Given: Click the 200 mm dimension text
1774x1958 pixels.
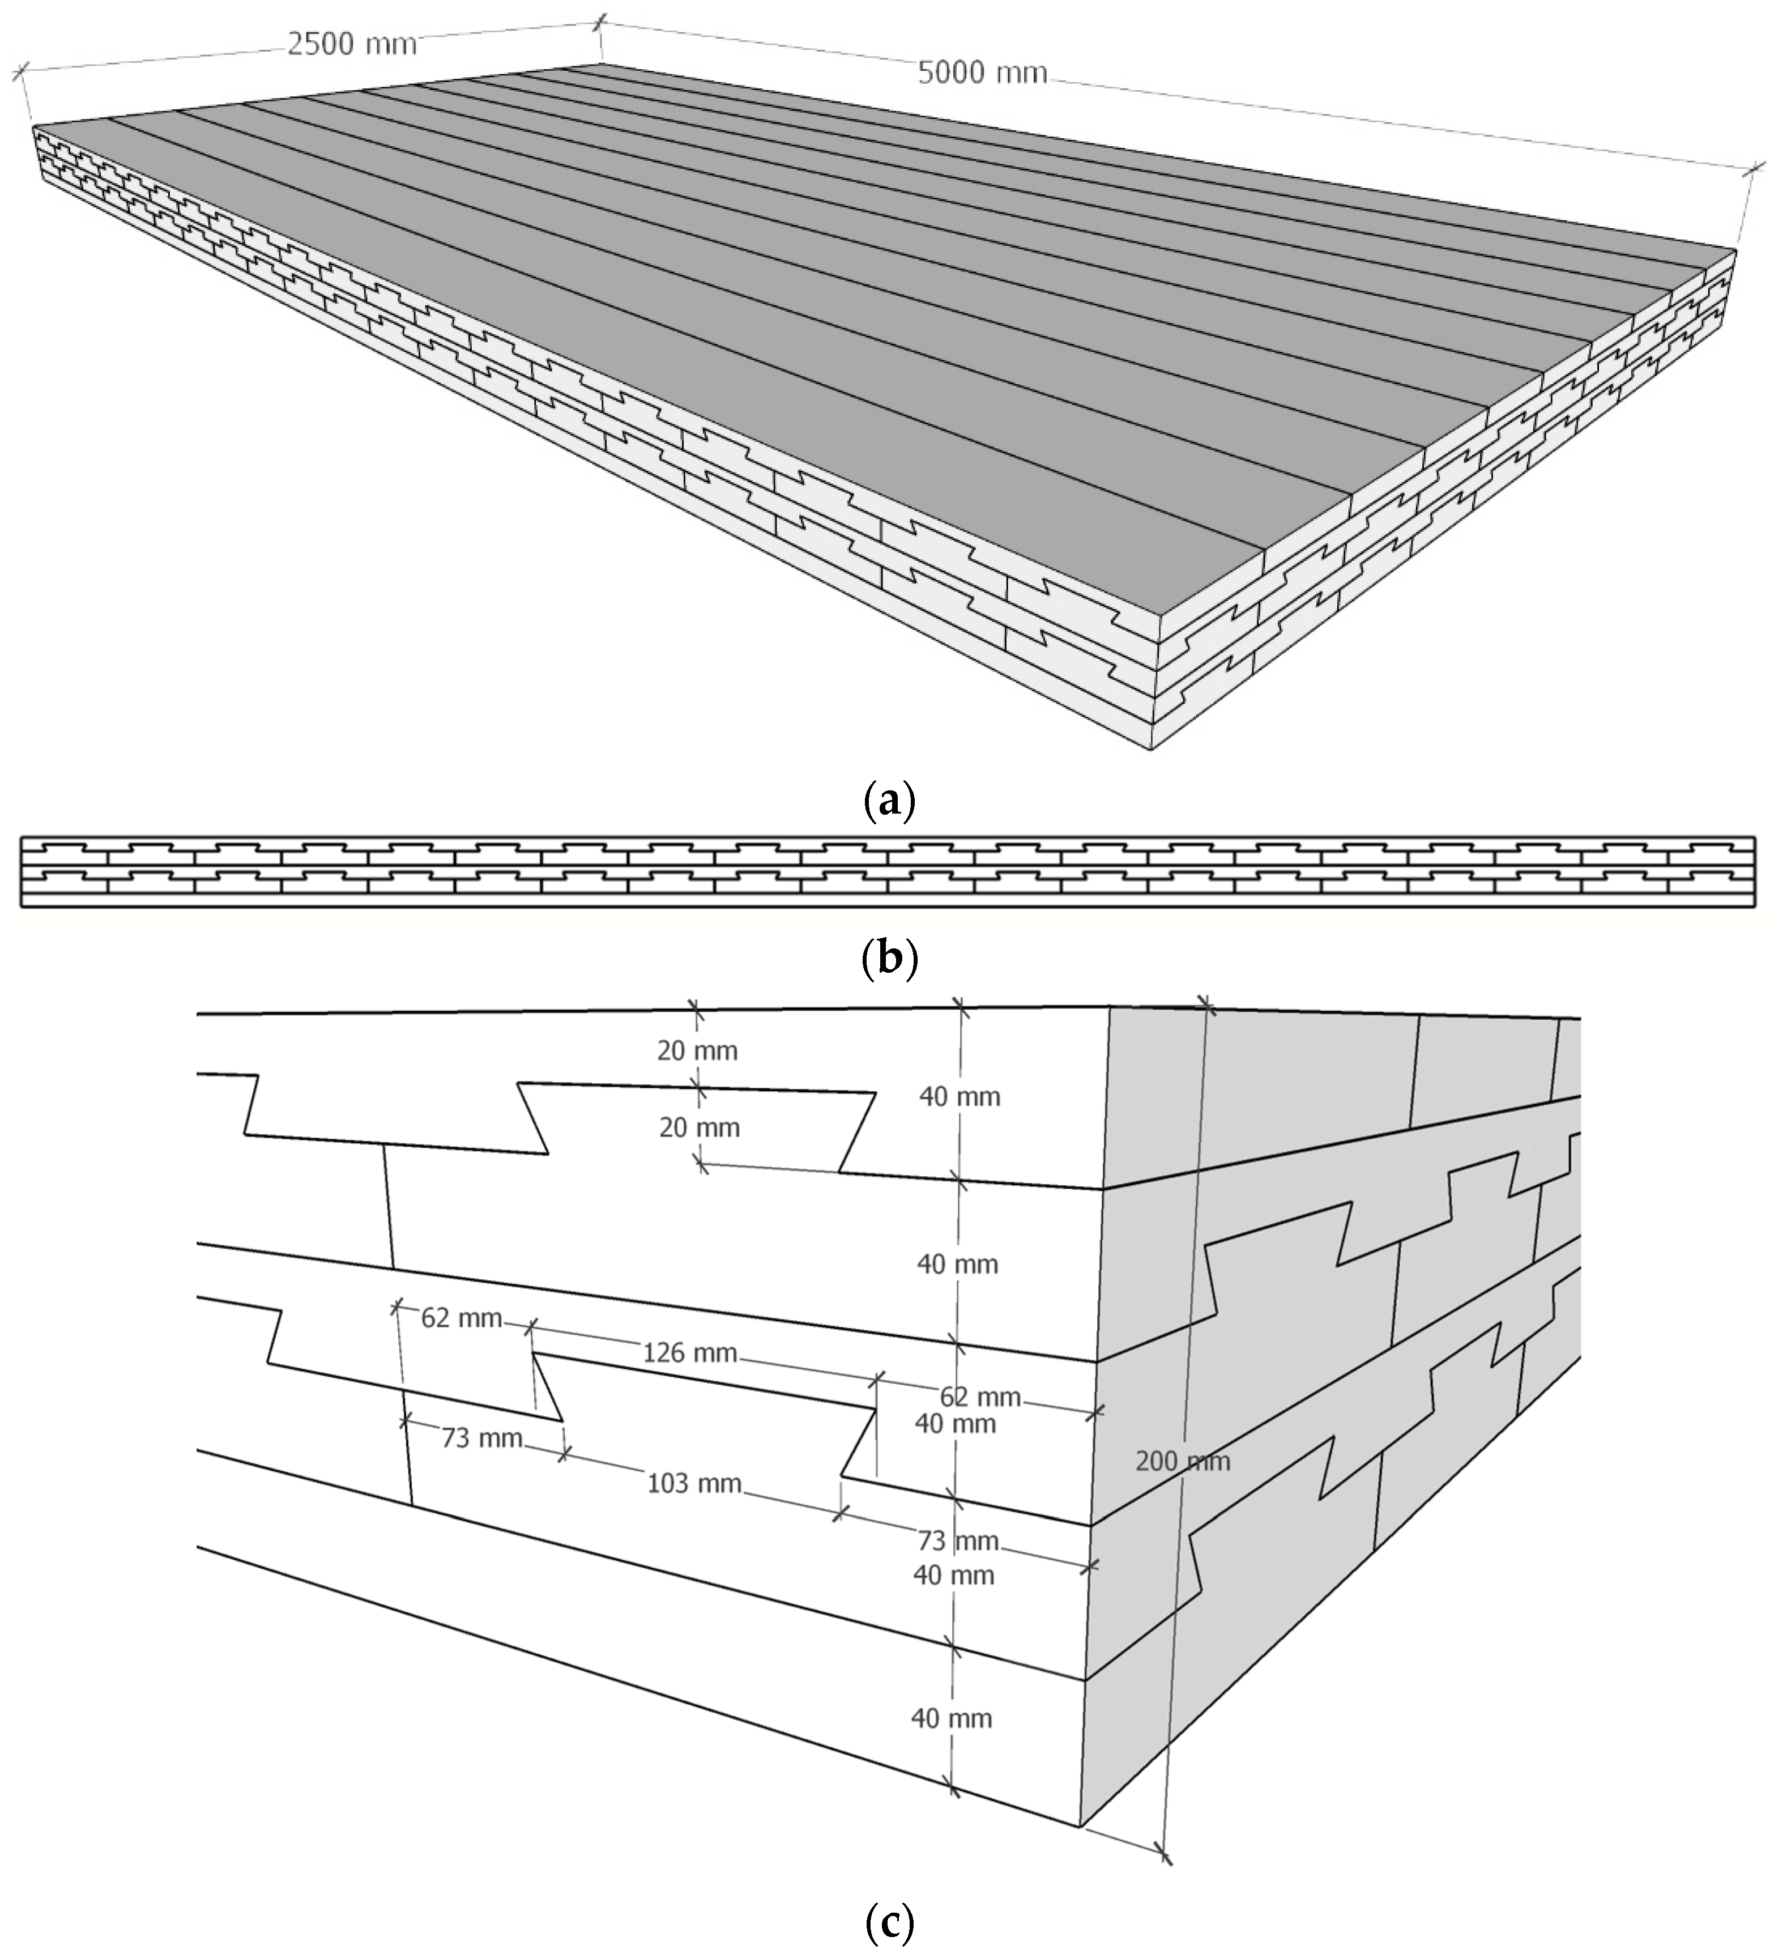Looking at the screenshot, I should point(1182,1461).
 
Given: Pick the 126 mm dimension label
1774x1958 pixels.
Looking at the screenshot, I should point(689,1351).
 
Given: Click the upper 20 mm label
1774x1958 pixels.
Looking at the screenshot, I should point(697,1050).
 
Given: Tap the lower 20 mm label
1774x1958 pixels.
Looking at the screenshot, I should point(699,1127).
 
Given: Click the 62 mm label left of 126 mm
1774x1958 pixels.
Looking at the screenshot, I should point(461,1318).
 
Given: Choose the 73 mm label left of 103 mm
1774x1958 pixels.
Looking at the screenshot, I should point(481,1437).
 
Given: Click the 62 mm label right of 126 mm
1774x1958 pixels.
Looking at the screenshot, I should point(980,1397).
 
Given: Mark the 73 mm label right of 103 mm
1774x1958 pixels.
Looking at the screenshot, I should point(957,1540).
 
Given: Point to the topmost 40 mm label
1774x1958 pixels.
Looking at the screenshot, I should point(960,1096).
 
